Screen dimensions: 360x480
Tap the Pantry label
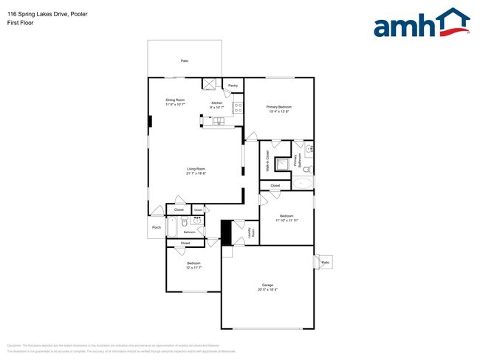click(x=233, y=86)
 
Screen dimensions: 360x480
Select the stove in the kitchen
click(x=238, y=108)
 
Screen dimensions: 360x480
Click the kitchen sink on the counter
click(x=217, y=122)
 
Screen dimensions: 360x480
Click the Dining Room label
click(x=175, y=100)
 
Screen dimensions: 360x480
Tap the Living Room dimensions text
click(x=196, y=173)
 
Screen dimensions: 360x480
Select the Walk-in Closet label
click(x=267, y=162)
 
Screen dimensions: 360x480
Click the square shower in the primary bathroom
click(x=282, y=164)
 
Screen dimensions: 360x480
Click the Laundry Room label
click(x=251, y=232)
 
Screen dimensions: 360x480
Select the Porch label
click(x=156, y=227)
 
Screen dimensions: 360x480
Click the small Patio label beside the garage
click(x=325, y=262)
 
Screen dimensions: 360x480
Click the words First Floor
click(x=20, y=23)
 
